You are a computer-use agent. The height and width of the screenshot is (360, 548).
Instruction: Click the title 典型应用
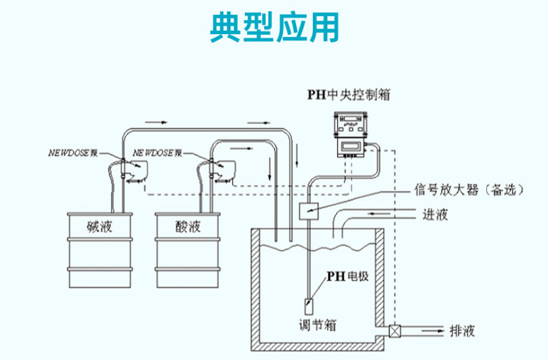click(274, 28)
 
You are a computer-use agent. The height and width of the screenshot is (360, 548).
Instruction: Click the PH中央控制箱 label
click(347, 95)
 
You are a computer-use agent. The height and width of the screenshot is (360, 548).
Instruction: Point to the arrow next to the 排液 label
click(426, 332)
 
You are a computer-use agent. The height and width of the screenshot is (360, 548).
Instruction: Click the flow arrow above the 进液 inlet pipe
click(380, 211)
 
